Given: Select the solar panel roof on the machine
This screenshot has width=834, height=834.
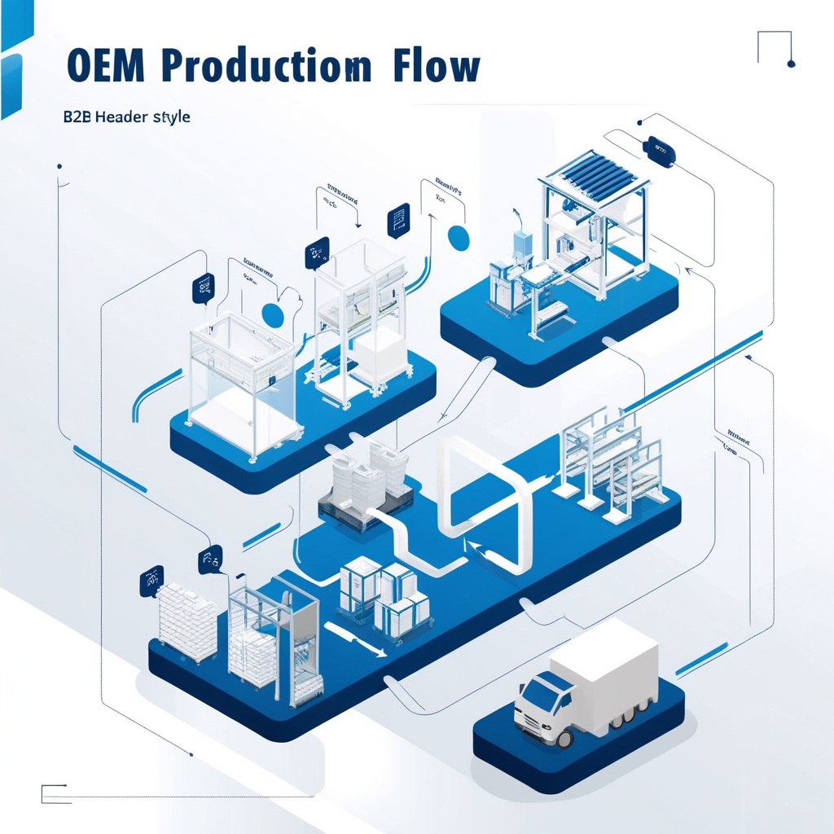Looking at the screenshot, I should (x=595, y=175).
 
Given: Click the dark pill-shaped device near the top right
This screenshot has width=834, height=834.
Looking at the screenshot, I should (x=660, y=151).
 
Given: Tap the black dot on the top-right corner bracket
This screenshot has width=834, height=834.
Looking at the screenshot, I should (x=790, y=63).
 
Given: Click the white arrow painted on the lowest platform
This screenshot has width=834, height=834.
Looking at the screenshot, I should (x=355, y=636).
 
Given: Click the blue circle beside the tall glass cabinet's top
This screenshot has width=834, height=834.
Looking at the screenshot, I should (x=459, y=237).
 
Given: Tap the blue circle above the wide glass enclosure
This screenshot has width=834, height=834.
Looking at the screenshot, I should (x=272, y=314).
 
